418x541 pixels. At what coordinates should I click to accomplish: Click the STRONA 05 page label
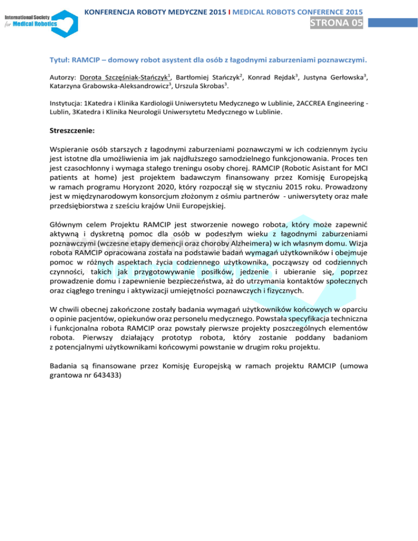336,23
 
